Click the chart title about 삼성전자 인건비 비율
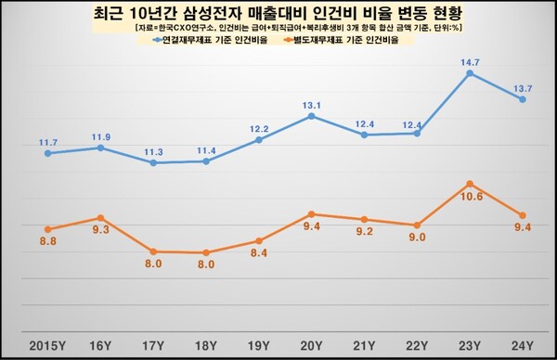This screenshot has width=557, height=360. (x=278, y=15)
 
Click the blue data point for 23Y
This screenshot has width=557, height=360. (x=471, y=71)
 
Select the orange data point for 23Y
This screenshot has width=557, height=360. (x=471, y=184)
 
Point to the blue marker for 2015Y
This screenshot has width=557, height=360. (x=47, y=153)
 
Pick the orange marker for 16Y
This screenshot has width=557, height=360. (x=100, y=218)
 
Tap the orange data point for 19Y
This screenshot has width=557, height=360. (x=259, y=241)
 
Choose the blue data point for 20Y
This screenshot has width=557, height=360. (x=312, y=116)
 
